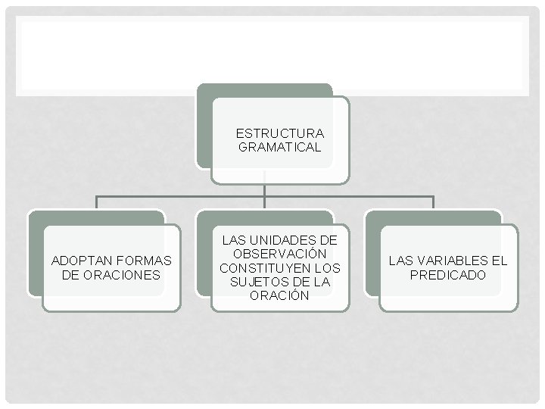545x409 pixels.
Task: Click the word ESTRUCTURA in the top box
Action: (279, 134)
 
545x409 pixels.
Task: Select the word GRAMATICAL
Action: (279, 148)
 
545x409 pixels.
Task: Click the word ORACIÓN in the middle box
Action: (279, 295)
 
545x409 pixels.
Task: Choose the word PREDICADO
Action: (448, 275)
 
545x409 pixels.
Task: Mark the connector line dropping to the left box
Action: (96, 202)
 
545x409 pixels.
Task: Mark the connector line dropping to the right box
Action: (433, 202)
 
